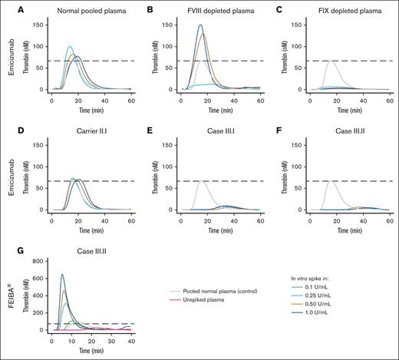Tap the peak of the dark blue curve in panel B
point(200,25)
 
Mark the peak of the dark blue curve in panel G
point(63,275)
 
